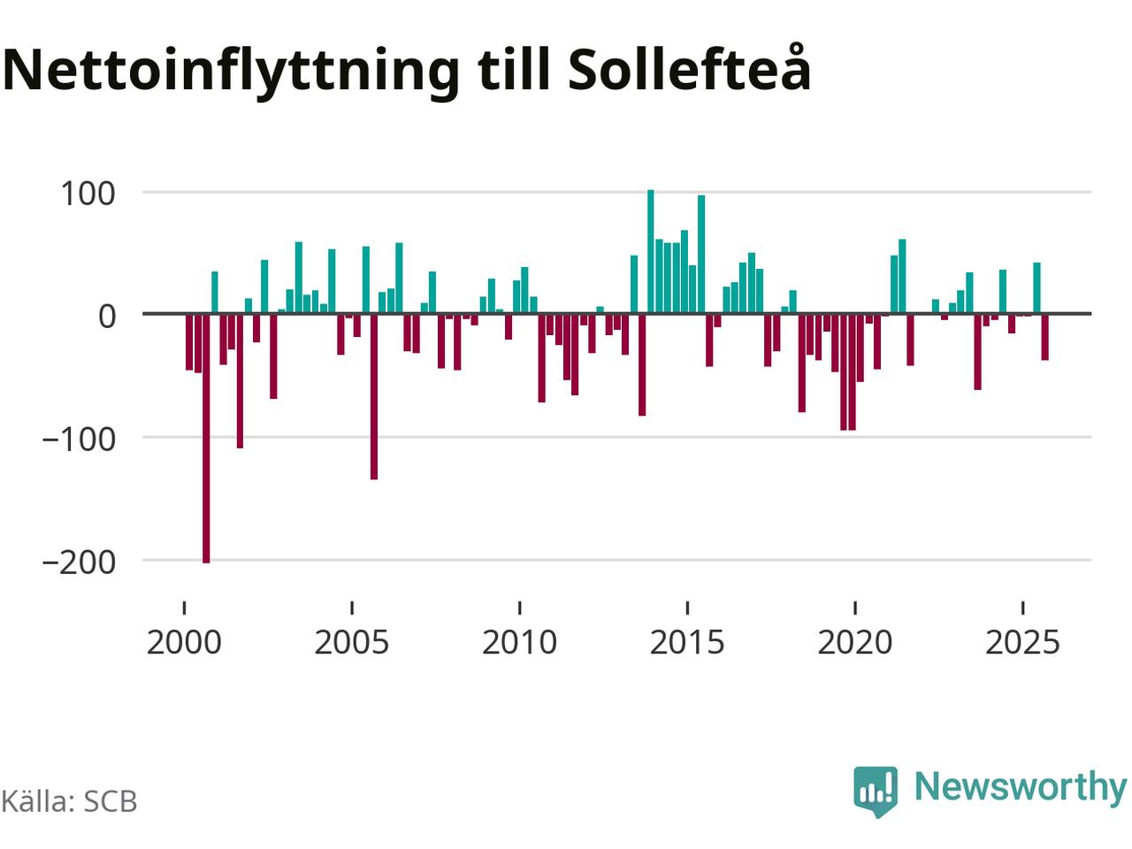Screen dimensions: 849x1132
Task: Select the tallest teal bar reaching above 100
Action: coord(651,252)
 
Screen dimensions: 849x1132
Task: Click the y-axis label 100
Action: coord(88,193)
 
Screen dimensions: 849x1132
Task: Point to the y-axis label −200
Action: coord(78,561)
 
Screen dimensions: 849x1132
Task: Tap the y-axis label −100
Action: coord(78,438)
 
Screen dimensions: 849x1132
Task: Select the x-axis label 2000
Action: coord(184,642)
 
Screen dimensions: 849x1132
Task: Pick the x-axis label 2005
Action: coord(352,642)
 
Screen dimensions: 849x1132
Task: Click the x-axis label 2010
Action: coord(519,642)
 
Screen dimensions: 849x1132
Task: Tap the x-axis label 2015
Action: coord(687,642)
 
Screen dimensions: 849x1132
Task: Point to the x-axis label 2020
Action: coord(854,642)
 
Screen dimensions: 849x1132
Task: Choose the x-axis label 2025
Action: coord(1022,642)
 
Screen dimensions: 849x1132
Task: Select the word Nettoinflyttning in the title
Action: coord(231,71)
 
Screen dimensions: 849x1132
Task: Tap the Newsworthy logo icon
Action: coord(875,789)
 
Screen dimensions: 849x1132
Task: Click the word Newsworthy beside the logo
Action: coord(1020,785)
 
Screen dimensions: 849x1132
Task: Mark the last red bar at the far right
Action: coord(1044,337)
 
